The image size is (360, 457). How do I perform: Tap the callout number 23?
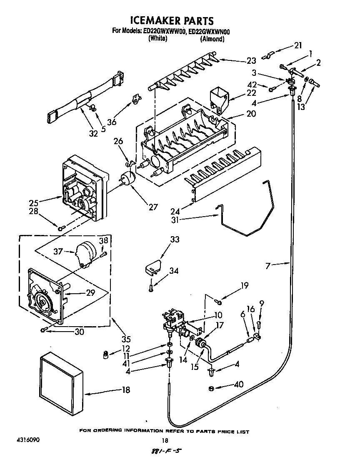[251, 61]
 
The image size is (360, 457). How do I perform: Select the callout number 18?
[125, 390]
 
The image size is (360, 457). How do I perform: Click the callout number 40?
[239, 384]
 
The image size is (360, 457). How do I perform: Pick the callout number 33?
[175, 240]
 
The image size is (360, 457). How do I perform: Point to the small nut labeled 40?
[211, 388]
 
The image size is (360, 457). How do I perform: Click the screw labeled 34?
[151, 287]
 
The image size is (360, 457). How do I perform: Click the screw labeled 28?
[61, 227]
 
